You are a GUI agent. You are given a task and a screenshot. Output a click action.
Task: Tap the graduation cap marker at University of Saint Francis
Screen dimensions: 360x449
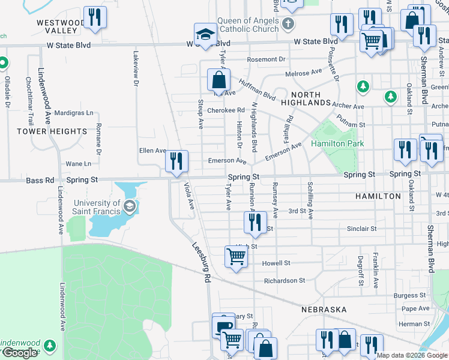pyautogui.click(x=129, y=207)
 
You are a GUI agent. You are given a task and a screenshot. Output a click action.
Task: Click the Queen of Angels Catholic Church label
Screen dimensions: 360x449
pyautogui.click(x=248, y=24)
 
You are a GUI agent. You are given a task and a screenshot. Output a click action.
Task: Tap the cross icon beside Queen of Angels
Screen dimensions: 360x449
pyautogui.click(x=288, y=24)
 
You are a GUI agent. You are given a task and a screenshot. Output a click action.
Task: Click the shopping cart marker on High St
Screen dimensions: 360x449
pyautogui.click(x=236, y=257)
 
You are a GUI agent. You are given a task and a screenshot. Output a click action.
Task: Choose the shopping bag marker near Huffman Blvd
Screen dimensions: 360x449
pyautogui.click(x=218, y=80)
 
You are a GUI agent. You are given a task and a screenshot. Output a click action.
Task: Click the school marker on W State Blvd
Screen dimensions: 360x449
pyautogui.click(x=205, y=35)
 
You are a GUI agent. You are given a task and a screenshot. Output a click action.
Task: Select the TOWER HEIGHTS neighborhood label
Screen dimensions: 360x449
pyautogui.click(x=52, y=131)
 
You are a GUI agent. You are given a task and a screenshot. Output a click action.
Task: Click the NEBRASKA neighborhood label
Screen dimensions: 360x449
pyautogui.click(x=324, y=309)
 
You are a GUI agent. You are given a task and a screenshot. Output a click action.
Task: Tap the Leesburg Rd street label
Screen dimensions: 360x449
pyautogui.click(x=202, y=262)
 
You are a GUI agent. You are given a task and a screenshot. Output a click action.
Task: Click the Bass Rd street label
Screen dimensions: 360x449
pyautogui.click(x=37, y=179)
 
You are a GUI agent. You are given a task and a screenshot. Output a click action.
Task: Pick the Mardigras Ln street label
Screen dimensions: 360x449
pyautogui.click(x=74, y=112)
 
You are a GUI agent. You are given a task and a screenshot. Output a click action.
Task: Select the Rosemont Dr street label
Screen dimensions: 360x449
pyautogui.click(x=266, y=59)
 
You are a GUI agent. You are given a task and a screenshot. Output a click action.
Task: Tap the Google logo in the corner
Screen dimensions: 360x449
pyautogui.click(x=20, y=353)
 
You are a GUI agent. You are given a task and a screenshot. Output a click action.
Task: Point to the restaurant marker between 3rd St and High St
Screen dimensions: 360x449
pyautogui.click(x=255, y=223)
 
